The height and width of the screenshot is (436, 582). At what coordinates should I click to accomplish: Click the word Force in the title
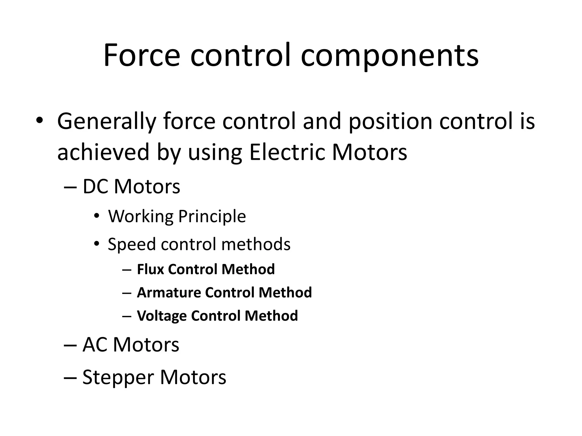click(x=142, y=55)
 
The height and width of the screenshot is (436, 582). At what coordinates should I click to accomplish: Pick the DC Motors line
click(x=131, y=186)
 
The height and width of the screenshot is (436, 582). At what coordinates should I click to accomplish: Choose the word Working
click(x=141, y=217)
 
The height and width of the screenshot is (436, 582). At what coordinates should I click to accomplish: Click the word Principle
click(x=212, y=217)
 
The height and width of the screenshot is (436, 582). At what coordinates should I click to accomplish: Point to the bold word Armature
click(x=169, y=292)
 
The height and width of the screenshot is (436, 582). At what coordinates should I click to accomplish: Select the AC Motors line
click(x=131, y=345)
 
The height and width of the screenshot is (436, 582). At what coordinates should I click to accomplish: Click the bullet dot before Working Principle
click(x=97, y=217)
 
